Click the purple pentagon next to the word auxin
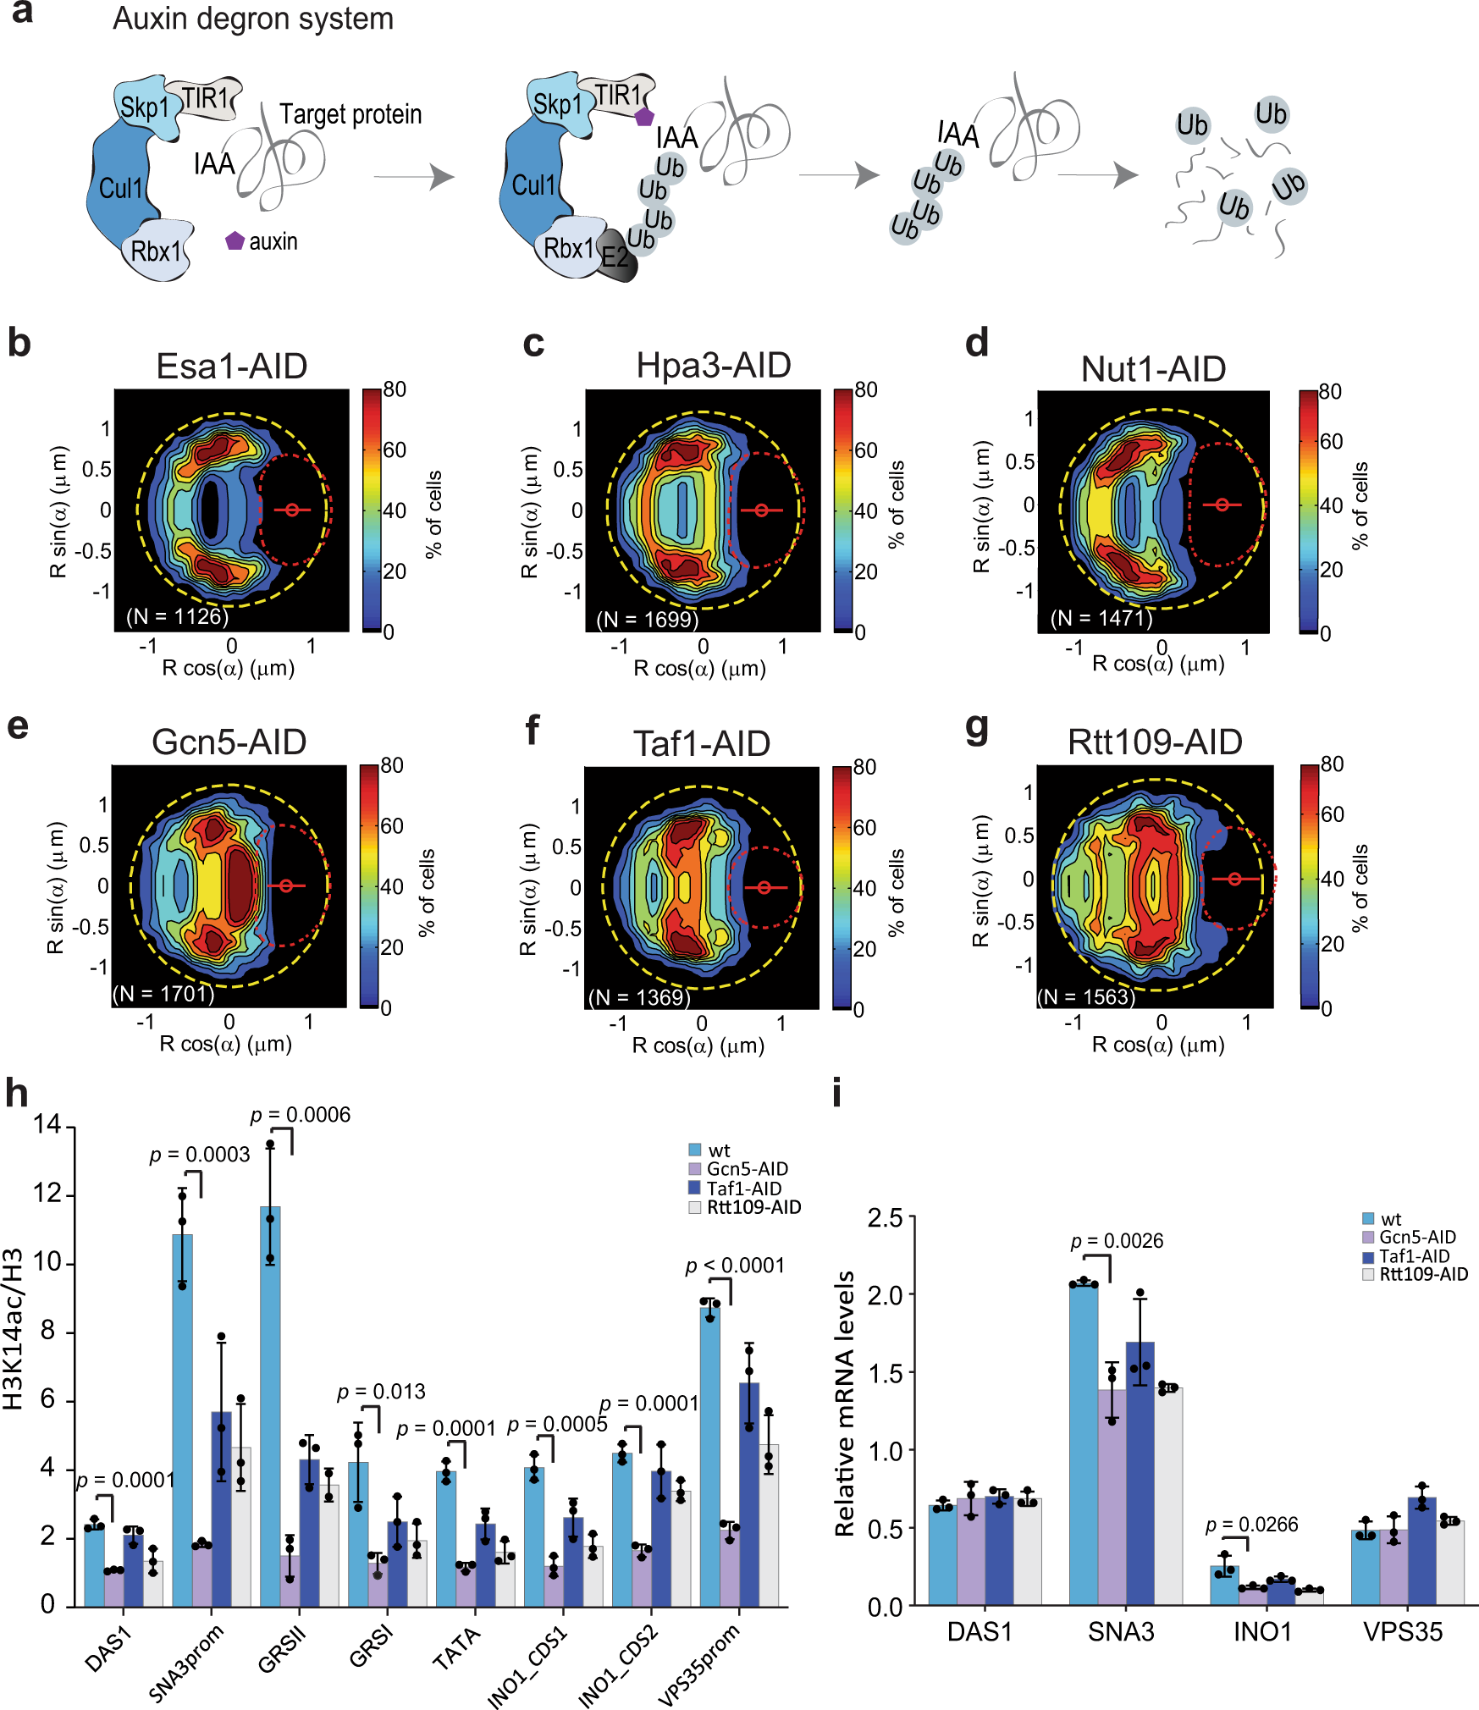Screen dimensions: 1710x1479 pos(235,241)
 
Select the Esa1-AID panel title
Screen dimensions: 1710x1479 pos(231,367)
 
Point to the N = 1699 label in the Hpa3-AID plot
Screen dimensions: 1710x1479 pos(648,619)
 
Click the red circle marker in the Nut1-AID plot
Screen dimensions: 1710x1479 pos(1222,505)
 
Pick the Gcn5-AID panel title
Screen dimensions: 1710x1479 pos(229,742)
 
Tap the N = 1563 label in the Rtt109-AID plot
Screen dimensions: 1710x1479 pos(1087,996)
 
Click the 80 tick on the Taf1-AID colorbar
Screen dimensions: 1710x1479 pos(864,767)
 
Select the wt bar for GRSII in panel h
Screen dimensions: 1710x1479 pos(270,1405)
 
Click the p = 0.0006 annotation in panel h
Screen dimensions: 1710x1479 pos(301,1115)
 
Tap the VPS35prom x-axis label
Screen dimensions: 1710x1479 pos(700,1663)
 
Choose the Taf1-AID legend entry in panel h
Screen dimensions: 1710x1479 pos(743,1188)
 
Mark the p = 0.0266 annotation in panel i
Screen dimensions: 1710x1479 pos(1251,1525)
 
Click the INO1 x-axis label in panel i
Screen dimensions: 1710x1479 pos(1261,1632)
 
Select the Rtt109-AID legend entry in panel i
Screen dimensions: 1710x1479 pos(1422,1274)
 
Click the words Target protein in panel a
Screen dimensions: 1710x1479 pos(350,114)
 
